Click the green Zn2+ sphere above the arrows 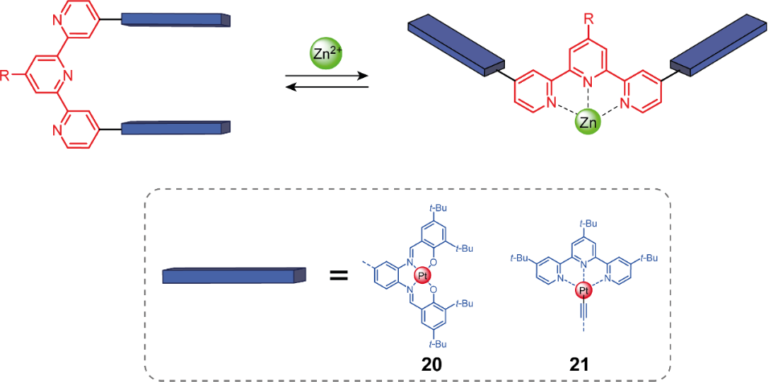coord(326,54)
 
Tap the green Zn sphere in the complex coord(589,122)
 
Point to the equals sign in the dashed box coord(339,277)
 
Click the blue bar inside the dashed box coord(234,275)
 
